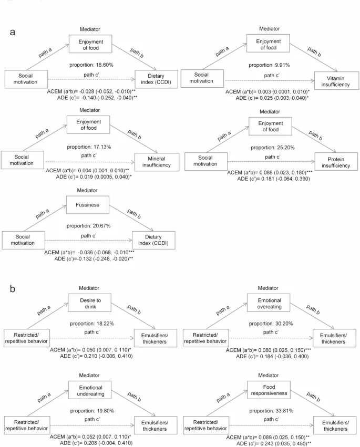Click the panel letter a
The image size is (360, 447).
click(x=13, y=32)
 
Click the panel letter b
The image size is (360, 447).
click(x=13, y=288)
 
